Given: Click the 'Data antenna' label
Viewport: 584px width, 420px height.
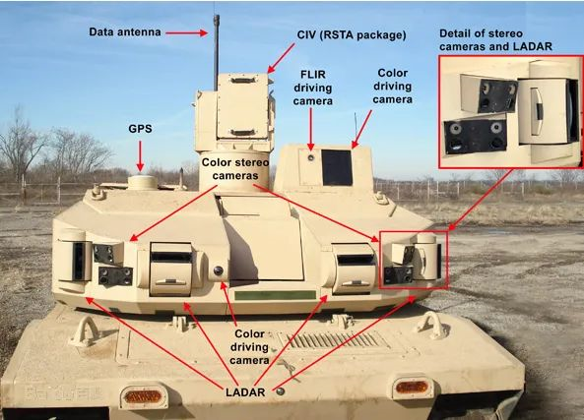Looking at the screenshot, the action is [x=125, y=32].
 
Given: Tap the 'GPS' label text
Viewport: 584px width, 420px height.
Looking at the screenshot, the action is [x=140, y=129].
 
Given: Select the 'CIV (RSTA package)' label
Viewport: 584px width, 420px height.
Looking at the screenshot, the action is [x=352, y=35].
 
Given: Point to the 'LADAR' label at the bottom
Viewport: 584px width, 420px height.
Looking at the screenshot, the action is [x=245, y=392].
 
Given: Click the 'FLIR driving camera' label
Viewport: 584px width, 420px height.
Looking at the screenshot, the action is [x=313, y=88].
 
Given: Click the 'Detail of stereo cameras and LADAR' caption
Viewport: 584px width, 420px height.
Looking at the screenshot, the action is [x=495, y=39].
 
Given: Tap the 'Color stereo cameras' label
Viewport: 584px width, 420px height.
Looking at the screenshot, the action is [x=235, y=169].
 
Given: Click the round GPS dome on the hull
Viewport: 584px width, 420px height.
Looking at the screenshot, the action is [x=142, y=183].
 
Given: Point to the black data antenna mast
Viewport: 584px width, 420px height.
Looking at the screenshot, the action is [x=216, y=52].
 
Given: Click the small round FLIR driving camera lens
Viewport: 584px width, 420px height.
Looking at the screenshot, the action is [x=310, y=157].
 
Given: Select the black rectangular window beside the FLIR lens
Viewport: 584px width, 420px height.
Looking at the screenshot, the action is [x=337, y=167].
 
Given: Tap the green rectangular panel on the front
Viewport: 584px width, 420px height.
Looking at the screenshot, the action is [x=275, y=295].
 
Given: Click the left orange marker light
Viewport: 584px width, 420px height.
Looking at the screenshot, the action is [x=142, y=397].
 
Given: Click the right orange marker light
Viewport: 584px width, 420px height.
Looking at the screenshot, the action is [x=412, y=387].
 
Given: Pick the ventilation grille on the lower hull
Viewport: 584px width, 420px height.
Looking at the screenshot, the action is [x=335, y=340].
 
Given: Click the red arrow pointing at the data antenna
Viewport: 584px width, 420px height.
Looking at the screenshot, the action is [x=186, y=33].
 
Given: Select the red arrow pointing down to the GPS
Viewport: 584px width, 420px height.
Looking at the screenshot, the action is [x=140, y=155].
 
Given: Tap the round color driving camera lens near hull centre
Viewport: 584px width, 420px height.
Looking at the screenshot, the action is [x=219, y=270].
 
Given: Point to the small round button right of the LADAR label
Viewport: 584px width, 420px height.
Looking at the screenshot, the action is [x=280, y=391].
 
